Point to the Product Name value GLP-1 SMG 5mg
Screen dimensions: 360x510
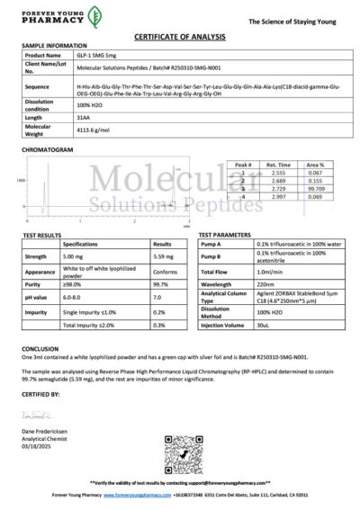[99, 55]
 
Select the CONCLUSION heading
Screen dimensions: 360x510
[40, 347]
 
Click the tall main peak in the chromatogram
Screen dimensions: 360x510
[44, 184]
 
